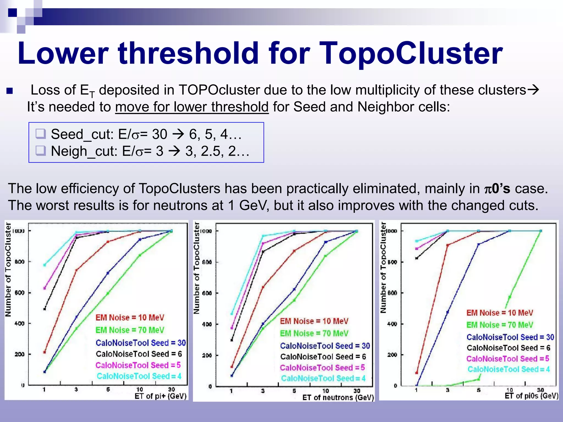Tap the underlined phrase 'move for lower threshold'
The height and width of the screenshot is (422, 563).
coord(192,107)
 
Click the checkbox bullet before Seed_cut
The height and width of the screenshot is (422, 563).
coord(41,134)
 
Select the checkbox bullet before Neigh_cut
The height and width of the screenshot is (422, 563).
coord(41,151)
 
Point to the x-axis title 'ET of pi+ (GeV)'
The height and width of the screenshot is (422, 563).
coord(161,396)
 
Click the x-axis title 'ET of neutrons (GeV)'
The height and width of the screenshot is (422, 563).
coord(338,397)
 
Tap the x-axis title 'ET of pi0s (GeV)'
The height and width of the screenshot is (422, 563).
coord(531,396)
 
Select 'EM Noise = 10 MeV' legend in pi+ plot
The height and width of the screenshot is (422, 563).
coord(129,318)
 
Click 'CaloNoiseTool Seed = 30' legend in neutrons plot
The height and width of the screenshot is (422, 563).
coord(325,346)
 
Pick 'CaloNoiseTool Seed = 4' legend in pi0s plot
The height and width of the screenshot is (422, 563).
coord(509,369)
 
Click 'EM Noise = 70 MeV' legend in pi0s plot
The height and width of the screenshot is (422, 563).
coord(499,325)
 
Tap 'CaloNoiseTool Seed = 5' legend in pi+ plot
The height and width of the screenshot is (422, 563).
coord(138,365)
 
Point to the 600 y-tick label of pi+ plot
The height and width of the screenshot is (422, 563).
coord(20,293)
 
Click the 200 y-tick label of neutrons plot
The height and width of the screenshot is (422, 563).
coord(207,355)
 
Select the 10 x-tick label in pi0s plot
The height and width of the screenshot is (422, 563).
coord(509,390)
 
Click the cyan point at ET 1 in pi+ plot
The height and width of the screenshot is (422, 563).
coord(45,265)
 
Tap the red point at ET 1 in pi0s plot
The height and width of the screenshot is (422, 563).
coord(416,373)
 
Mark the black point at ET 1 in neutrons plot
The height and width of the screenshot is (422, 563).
coord(232,340)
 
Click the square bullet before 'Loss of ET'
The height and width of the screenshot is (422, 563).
coord(10,91)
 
